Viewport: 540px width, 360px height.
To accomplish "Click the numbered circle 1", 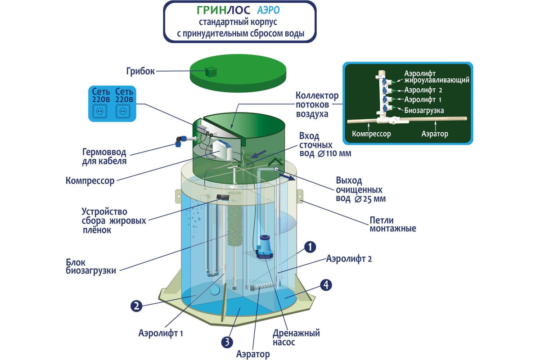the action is pyautogui.click(x=310, y=247).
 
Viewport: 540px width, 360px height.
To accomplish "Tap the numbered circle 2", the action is pyautogui.click(x=136, y=306).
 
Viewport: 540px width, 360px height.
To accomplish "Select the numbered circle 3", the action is pyautogui.click(x=227, y=342).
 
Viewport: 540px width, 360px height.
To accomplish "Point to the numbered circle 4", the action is pyautogui.click(x=326, y=285).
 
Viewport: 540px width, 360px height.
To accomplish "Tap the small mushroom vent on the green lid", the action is pyautogui.click(x=211, y=72).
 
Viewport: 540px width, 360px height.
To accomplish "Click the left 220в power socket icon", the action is pyautogui.click(x=100, y=112).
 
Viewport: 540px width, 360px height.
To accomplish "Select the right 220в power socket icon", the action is pyautogui.click(x=123, y=112).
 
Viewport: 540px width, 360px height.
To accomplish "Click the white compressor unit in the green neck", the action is pyautogui.click(x=222, y=150).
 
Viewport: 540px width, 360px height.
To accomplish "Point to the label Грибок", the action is pyautogui.click(x=140, y=71).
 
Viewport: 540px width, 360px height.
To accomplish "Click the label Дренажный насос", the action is pyautogui.click(x=296, y=337).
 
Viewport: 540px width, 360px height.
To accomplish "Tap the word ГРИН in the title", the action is pyautogui.click(x=211, y=10).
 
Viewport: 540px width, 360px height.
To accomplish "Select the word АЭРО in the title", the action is pyautogui.click(x=268, y=10).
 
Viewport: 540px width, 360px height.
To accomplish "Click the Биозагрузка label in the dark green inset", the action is pyautogui.click(x=424, y=110).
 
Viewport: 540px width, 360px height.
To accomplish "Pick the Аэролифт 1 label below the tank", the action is pyautogui.click(x=161, y=333).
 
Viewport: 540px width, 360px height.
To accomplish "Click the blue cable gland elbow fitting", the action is pyautogui.click(x=181, y=141).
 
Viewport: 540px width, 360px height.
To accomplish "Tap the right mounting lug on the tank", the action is pyautogui.click(x=300, y=197).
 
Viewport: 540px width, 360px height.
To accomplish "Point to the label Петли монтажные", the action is pyautogui.click(x=393, y=224).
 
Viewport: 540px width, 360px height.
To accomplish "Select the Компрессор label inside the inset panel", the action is pyautogui.click(x=371, y=134).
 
